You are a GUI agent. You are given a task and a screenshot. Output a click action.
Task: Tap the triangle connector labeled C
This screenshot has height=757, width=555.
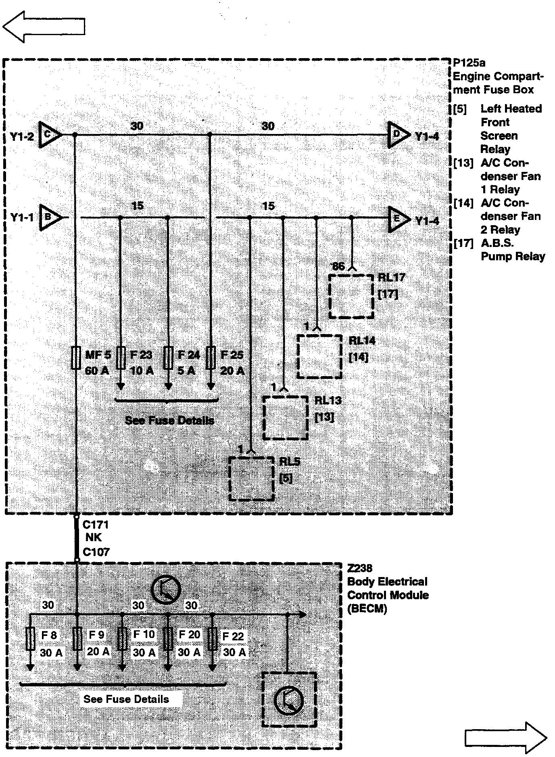(x=49, y=134)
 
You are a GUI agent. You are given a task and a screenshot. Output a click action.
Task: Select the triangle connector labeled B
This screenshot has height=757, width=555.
(x=49, y=217)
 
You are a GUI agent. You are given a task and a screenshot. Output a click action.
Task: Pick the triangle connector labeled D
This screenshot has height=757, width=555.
(x=397, y=135)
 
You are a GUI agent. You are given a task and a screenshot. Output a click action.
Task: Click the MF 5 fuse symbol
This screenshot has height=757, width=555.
(x=75, y=358)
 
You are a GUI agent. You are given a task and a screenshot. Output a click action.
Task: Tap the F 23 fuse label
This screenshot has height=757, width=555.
(x=141, y=355)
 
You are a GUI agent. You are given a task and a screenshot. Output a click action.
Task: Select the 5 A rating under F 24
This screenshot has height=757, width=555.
(x=186, y=370)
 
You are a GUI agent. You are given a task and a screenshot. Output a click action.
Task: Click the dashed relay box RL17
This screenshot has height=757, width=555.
(x=351, y=296)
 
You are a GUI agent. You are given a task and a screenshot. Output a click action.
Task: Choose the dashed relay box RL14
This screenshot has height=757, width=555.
(x=319, y=356)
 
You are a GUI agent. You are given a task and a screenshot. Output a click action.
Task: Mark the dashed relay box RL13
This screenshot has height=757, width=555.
(x=286, y=418)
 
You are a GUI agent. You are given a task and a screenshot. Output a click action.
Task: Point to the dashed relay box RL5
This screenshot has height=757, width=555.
(x=251, y=479)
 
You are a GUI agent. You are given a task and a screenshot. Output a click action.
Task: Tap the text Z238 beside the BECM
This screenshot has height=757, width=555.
(x=360, y=568)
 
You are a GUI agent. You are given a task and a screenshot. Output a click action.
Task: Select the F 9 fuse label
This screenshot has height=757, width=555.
(x=97, y=635)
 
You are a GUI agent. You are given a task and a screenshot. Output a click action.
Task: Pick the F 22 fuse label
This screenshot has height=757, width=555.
(x=233, y=636)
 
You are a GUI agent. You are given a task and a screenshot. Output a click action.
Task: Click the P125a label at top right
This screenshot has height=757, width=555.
(x=469, y=63)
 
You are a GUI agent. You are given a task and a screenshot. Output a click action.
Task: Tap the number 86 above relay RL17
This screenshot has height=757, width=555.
(x=338, y=266)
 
